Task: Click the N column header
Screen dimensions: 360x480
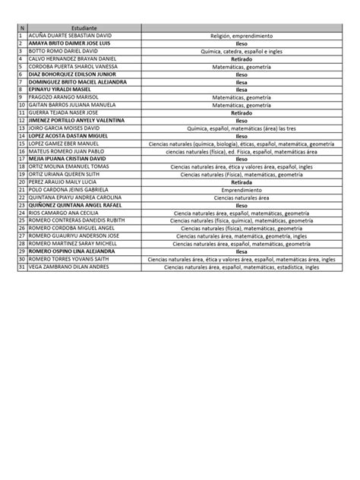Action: (x=21, y=27)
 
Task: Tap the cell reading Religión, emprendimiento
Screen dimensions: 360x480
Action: (x=242, y=35)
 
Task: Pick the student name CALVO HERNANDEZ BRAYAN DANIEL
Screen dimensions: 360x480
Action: (x=71, y=58)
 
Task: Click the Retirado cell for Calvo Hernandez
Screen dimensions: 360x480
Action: (x=242, y=58)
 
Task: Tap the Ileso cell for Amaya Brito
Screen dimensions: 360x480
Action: (x=242, y=43)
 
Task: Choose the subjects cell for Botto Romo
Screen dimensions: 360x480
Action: (x=242, y=51)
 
